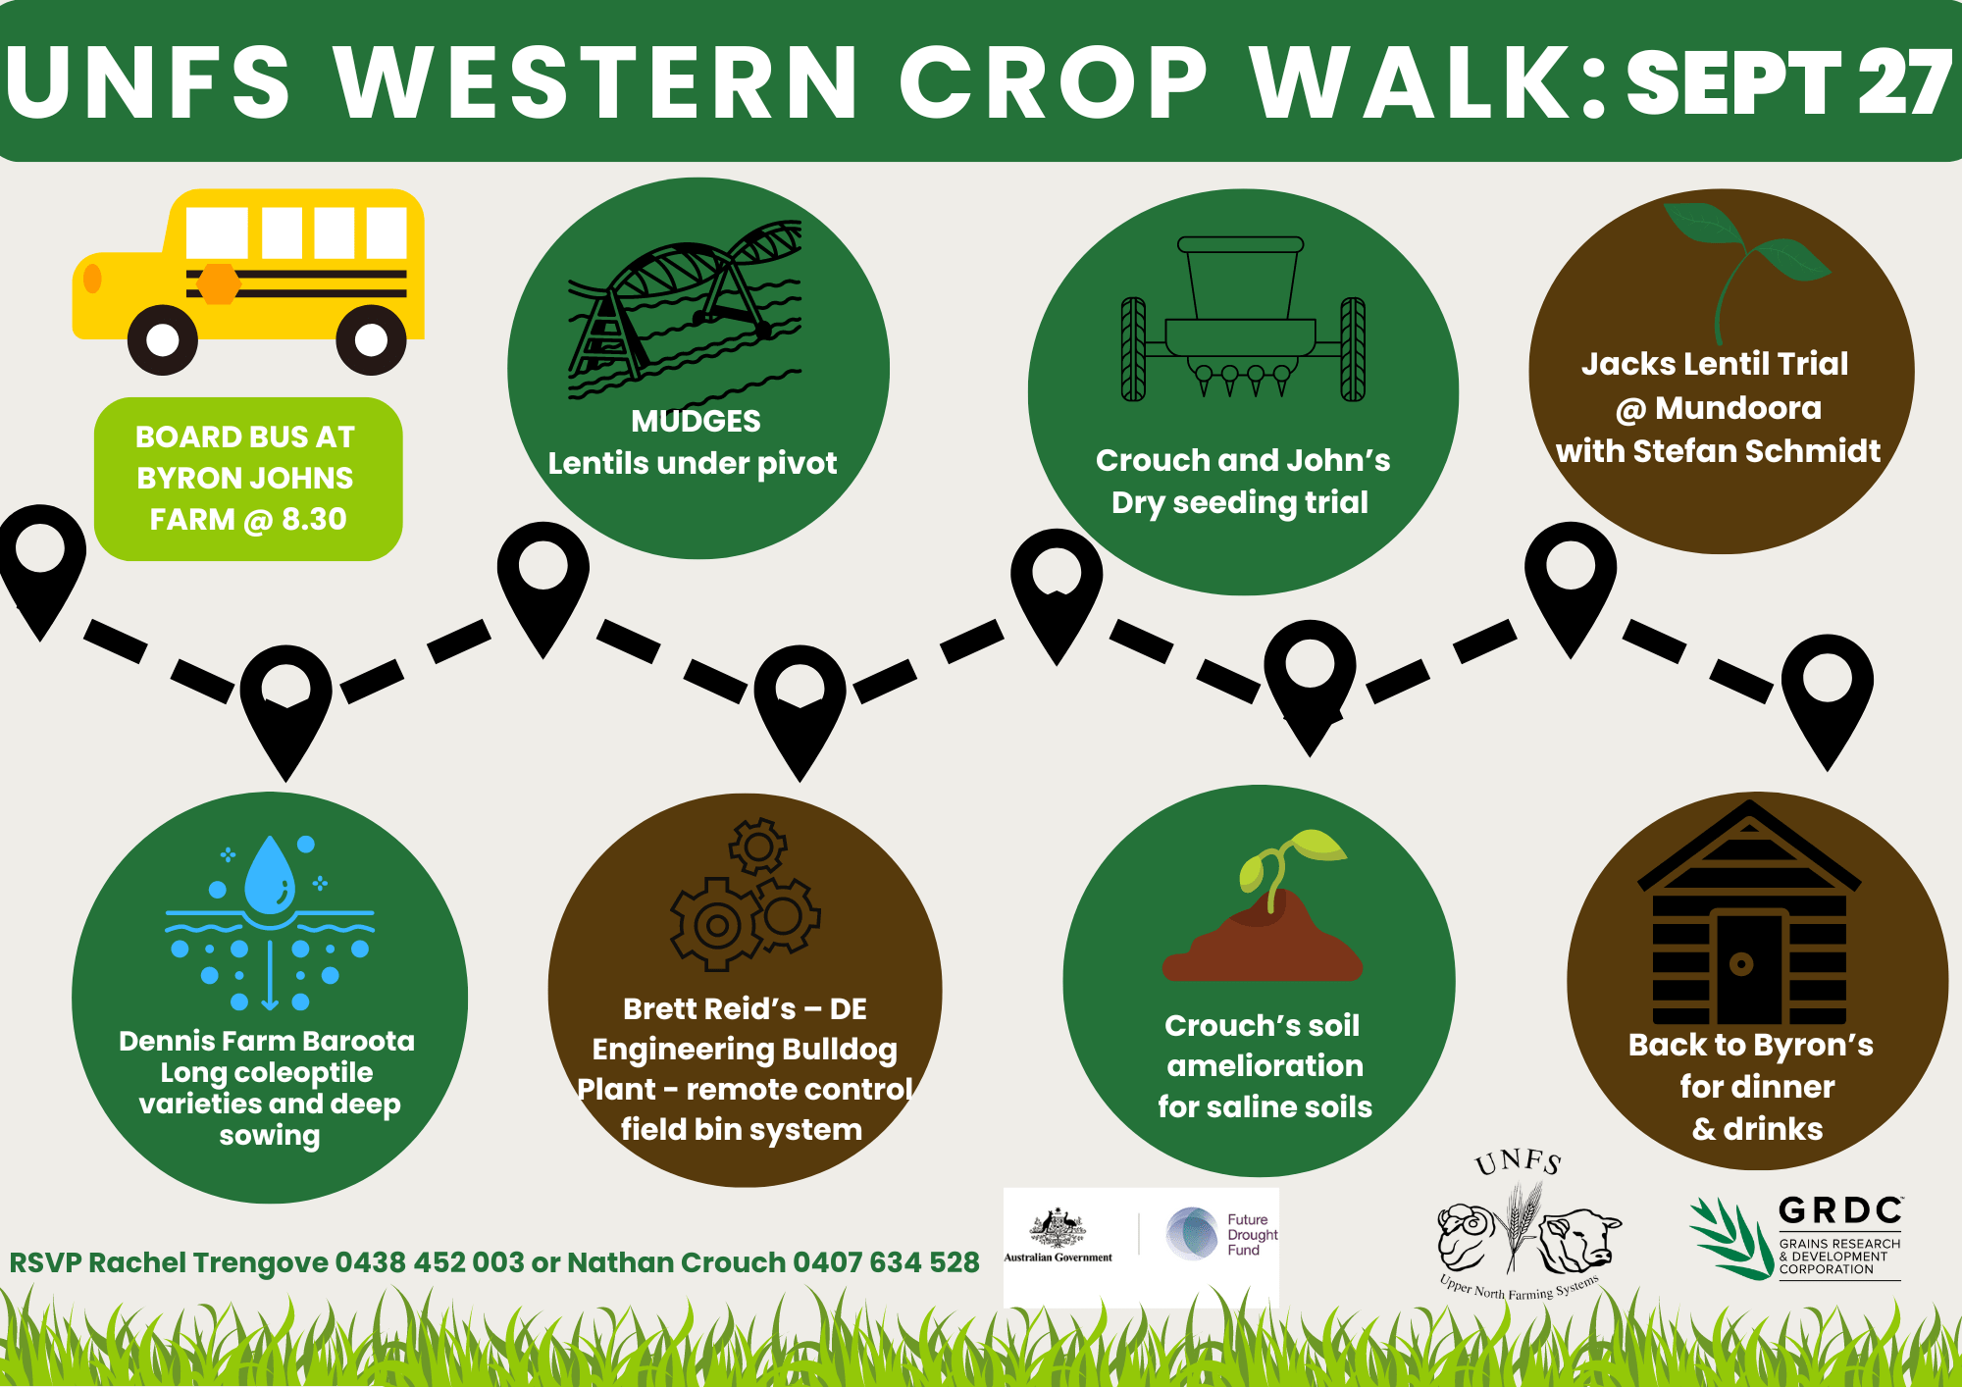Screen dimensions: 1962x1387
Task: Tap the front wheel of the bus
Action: tap(163, 340)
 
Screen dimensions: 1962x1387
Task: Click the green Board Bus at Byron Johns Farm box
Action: tap(248, 479)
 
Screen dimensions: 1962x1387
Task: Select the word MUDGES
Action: tap(696, 421)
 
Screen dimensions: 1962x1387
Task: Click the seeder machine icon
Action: tap(1243, 319)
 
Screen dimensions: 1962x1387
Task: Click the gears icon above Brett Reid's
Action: tap(746, 895)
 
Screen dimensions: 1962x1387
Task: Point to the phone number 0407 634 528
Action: tap(886, 1262)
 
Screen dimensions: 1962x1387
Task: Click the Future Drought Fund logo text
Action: tap(1253, 1235)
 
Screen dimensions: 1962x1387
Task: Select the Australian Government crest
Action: tap(1057, 1228)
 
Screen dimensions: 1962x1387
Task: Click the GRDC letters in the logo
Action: tap(1840, 1210)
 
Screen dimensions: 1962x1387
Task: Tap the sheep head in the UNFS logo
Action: tap(1467, 1236)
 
